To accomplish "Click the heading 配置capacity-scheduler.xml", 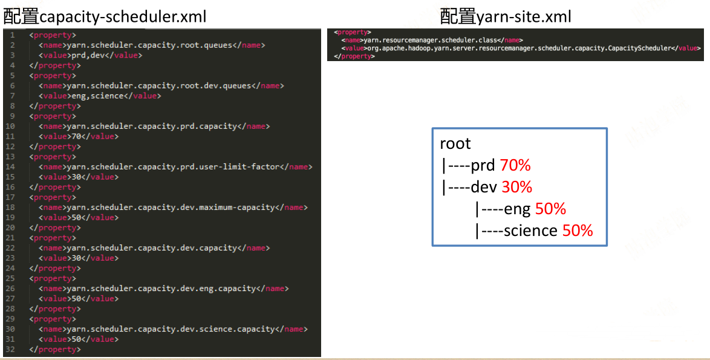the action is tap(105, 17).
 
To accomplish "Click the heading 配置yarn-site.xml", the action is tap(506, 17).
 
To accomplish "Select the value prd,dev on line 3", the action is tap(90, 55).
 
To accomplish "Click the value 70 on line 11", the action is tap(76, 136).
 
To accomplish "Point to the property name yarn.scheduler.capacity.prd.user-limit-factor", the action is tap(174, 166).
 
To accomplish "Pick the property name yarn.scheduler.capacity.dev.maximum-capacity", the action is tap(171, 208).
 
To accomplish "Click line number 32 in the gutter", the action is tap(10, 350).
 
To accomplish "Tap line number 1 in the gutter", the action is tap(12, 35).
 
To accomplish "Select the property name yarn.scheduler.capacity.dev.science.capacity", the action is tap(171, 329).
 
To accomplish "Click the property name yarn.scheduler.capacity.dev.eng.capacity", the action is tap(161, 289).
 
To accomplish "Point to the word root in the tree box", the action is tap(455, 143).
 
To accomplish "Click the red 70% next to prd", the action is tap(515, 165).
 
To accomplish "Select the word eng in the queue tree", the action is tap(518, 209).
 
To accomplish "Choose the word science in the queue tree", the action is tap(530, 231).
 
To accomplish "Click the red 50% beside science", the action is tap(578, 231).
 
